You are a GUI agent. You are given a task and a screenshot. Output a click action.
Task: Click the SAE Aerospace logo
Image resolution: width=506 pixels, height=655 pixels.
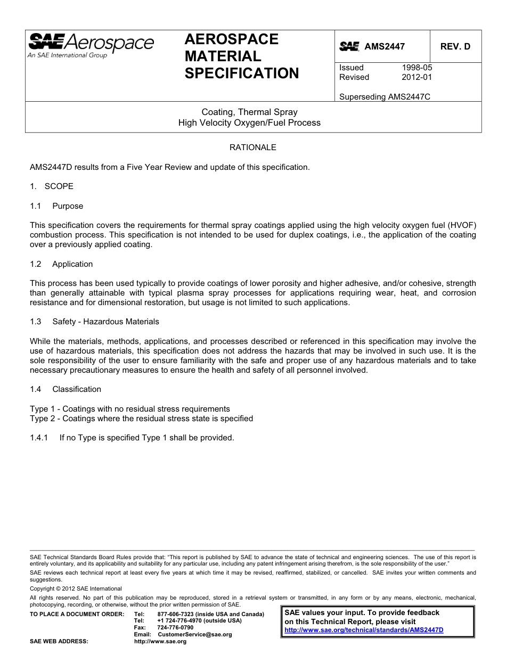91,45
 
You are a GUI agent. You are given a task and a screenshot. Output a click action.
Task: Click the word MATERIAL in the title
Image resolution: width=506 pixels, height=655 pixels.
223,56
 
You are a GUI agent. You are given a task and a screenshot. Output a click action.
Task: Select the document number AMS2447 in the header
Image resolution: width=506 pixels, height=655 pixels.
385,46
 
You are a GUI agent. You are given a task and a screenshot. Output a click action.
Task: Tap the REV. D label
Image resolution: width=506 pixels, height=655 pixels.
455,46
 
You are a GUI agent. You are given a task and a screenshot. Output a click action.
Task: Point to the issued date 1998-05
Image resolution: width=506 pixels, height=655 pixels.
417,68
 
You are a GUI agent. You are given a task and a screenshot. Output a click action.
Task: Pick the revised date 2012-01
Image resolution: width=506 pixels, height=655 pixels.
417,77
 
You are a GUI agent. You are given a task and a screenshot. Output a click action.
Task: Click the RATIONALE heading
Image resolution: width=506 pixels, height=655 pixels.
252,147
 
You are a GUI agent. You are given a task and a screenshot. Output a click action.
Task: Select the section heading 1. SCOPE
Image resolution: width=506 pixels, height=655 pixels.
52,186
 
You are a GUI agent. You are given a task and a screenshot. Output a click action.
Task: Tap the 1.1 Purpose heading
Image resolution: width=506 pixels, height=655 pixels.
56,206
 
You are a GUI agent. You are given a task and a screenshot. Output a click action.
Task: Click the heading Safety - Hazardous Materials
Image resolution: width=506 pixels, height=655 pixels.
105,322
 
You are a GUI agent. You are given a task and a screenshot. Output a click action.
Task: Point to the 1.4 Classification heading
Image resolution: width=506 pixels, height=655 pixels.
66,389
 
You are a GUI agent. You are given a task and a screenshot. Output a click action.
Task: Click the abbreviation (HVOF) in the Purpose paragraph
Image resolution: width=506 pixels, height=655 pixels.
459,225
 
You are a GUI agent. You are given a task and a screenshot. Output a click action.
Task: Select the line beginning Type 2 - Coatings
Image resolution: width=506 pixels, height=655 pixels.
141,419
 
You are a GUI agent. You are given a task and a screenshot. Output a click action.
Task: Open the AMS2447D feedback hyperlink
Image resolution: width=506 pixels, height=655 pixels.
364,629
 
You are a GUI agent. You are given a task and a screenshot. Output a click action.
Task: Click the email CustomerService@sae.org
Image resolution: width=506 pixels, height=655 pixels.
195,634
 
